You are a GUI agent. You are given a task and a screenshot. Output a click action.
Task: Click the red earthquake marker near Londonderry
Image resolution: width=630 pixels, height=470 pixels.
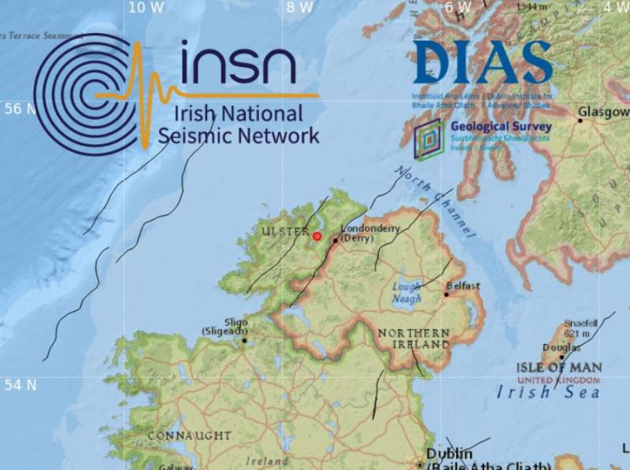[317, 235]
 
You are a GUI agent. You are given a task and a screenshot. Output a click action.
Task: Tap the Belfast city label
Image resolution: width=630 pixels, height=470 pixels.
[463, 286]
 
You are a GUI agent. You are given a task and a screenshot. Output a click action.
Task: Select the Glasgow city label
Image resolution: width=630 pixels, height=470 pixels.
[604, 113]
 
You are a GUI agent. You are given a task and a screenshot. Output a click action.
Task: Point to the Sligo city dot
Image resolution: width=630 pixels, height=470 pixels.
[245, 341]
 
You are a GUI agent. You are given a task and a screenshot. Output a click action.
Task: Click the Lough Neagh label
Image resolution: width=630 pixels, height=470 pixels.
[407, 294]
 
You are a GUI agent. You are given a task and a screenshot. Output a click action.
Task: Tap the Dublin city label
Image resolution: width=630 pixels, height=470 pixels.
[450, 454]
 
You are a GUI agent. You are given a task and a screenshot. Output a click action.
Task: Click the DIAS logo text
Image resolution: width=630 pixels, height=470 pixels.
[482, 63]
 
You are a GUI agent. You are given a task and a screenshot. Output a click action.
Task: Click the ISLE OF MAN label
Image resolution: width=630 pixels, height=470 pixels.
[559, 368]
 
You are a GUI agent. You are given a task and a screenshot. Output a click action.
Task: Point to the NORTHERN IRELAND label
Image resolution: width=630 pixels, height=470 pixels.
[413, 339]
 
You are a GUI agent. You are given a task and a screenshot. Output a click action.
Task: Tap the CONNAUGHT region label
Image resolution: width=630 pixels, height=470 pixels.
[190, 435]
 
